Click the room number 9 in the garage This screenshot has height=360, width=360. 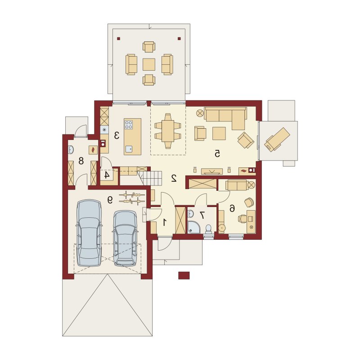click(x=110, y=200)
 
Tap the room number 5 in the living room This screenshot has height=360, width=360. click(x=217, y=153)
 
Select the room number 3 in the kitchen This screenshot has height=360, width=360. click(x=117, y=135)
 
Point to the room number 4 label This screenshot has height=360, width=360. click(x=107, y=175)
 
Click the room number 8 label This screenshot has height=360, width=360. click(x=81, y=161)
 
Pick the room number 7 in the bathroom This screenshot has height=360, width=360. click(x=202, y=215)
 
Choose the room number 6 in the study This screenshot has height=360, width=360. click(x=232, y=208)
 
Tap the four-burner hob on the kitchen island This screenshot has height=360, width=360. click(x=129, y=125)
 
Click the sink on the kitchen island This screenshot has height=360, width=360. click(x=129, y=149)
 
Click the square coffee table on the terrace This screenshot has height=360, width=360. click(x=149, y=64)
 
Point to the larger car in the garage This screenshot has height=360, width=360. click(x=89, y=233)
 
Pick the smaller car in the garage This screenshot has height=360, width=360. click(x=125, y=238)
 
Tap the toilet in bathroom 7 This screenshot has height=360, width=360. click(x=208, y=229)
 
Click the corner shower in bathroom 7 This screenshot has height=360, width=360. click(x=193, y=227)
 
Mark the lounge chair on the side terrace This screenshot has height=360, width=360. click(x=277, y=139)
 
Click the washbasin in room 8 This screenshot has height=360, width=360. click(x=71, y=150)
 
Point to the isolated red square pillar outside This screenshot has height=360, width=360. click(x=184, y=275)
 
